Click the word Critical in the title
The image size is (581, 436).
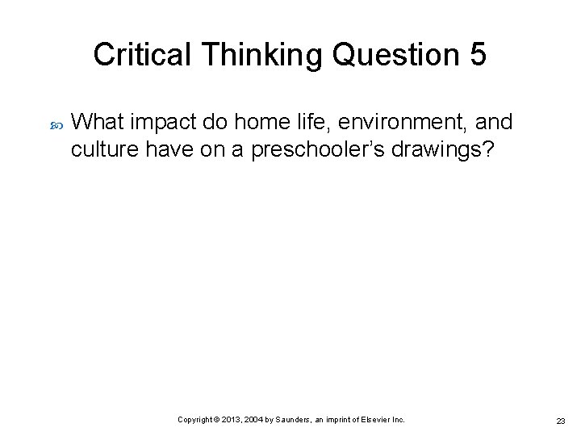click(x=140, y=55)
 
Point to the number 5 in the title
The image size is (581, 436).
click(x=477, y=55)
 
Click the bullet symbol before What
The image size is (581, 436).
click(x=56, y=124)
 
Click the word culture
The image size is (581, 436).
click(x=101, y=149)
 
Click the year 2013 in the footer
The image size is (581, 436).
click(x=232, y=420)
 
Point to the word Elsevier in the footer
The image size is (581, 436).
click(x=377, y=420)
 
